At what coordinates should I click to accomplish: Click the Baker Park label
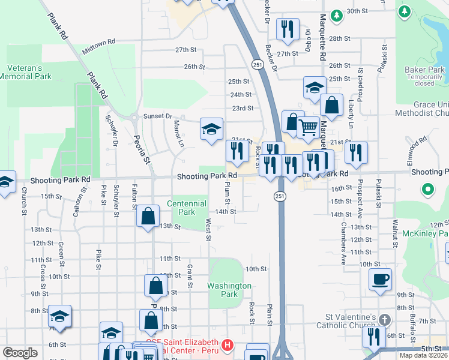[424, 70]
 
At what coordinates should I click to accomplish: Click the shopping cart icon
[309, 127]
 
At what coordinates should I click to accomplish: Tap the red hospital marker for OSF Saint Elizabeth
[228, 345]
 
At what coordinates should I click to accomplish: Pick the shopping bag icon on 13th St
[148, 216]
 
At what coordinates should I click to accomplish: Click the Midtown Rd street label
[98, 44]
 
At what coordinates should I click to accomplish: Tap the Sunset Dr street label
[157, 116]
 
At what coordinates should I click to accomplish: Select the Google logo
[20, 353]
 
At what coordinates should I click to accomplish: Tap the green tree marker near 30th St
[337, 13]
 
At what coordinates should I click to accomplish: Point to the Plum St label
[228, 195]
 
